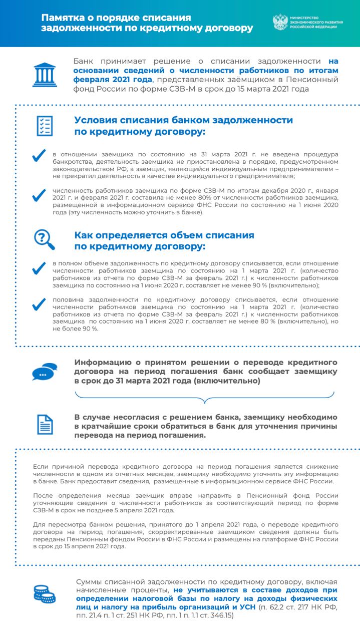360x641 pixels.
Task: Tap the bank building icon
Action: click(45, 74)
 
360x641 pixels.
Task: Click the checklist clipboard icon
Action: click(45, 126)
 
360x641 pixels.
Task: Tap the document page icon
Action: click(45, 425)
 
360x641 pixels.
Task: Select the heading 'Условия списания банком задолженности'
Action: click(183, 120)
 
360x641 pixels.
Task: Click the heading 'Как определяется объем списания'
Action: click(164, 235)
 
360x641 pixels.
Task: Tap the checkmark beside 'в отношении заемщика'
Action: click(39, 157)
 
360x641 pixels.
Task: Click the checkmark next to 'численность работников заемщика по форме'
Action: click(39, 196)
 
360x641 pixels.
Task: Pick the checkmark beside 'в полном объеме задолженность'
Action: click(39, 269)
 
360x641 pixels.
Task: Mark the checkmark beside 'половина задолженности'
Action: click(39, 304)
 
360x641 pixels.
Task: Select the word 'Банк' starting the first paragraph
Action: click(84, 61)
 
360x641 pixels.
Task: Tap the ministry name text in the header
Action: click(315, 23)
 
